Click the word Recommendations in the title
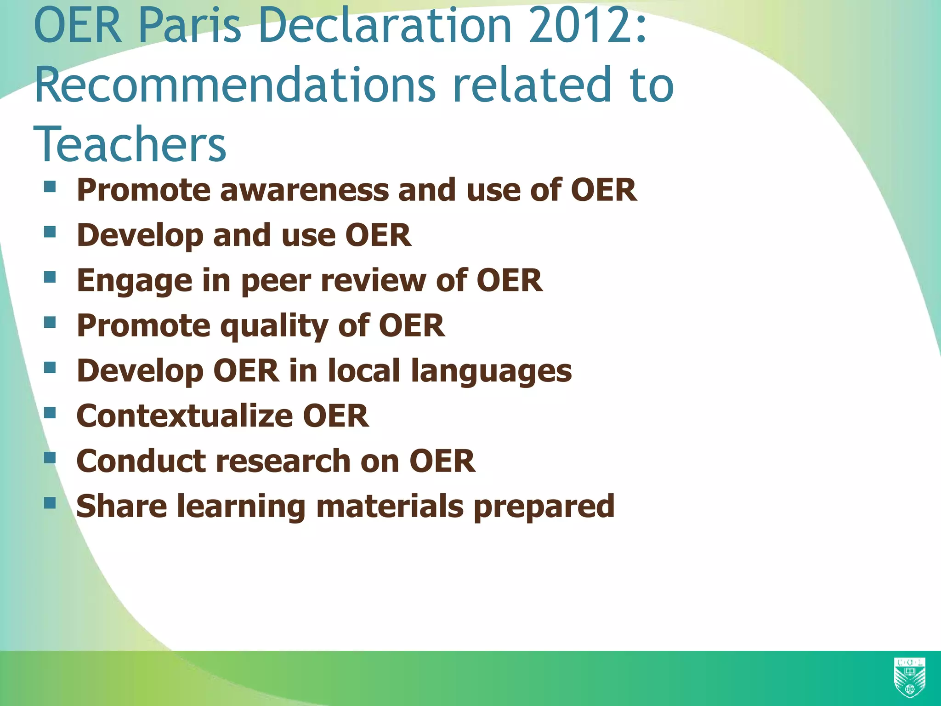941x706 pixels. pyautogui.click(x=234, y=85)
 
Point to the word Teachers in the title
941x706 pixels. pyautogui.click(x=130, y=145)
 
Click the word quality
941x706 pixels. pyautogui.click(x=274, y=326)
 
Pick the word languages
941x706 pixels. pyautogui.click(x=491, y=370)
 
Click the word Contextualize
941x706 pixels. pyautogui.click(x=184, y=416)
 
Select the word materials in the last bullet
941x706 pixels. pyautogui.click(x=390, y=506)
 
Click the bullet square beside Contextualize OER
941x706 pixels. pyautogui.click(x=50, y=412)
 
